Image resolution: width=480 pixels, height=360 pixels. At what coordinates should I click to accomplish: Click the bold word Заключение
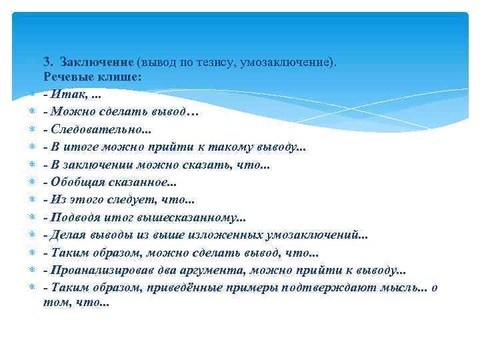96,62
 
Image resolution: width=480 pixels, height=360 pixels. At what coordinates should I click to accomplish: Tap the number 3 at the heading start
47,62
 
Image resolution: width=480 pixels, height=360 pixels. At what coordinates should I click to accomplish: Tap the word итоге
79,147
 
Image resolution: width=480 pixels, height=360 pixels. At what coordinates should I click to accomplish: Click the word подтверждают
309,287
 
